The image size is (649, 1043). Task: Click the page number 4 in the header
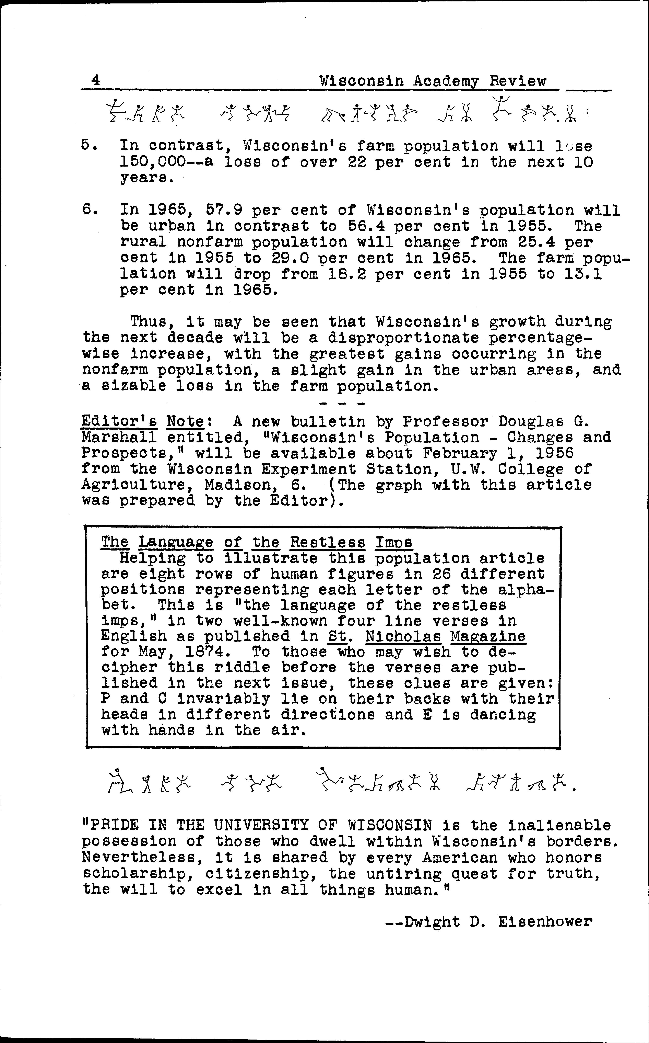(95, 80)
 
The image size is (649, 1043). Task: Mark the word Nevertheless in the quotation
(138, 858)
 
